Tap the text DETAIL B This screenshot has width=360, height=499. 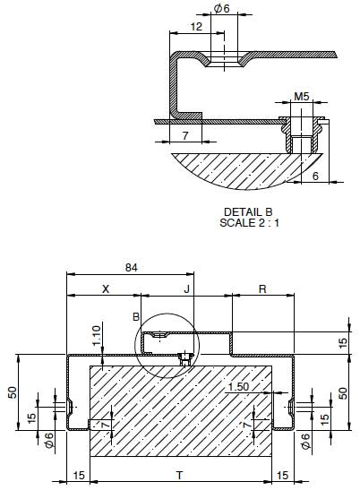coord(250,211)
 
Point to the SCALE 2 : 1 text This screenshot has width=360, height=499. coord(250,222)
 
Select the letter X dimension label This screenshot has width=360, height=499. coord(105,289)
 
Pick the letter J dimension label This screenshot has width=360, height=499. coord(186,289)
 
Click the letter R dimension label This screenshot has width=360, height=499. coord(261,289)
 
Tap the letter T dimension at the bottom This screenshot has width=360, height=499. coord(179,475)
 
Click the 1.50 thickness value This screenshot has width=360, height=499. coord(239,386)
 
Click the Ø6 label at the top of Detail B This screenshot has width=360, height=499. coord(221,8)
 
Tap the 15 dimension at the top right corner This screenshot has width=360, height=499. coord(344,342)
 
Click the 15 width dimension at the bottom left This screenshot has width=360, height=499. coord(78,475)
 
